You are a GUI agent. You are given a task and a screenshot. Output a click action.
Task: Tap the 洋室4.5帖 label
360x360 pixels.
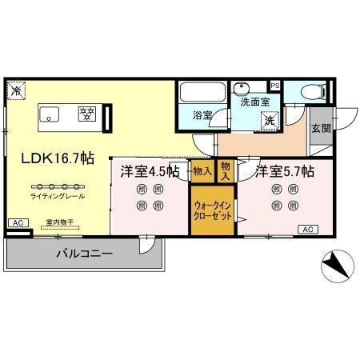[x=150, y=171]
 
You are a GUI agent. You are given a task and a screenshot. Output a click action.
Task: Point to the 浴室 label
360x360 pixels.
[x=202, y=116]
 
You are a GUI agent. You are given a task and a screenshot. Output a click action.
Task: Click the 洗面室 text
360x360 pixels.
[x=250, y=102]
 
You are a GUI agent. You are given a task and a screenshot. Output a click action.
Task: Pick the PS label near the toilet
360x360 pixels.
[x=275, y=86]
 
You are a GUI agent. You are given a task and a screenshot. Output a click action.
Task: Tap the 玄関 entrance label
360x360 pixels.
[x=320, y=129]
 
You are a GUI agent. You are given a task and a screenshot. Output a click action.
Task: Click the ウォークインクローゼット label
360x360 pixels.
[x=212, y=210]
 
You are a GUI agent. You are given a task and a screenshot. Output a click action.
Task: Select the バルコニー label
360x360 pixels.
[x=84, y=254]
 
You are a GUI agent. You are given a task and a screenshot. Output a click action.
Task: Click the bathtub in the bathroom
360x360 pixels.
[x=203, y=94]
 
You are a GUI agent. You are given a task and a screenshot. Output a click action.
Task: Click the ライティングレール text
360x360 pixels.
[x=58, y=196]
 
